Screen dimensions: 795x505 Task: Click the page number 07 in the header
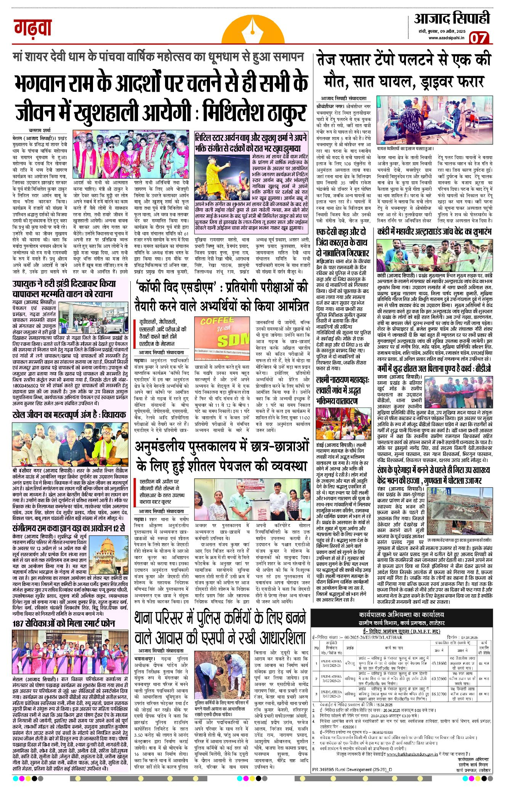point(478,38)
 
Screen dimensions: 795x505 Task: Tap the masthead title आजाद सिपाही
point(452,19)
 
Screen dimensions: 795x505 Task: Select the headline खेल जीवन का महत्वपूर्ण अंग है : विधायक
point(69,415)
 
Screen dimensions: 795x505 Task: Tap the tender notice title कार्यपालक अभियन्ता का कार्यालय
point(401,615)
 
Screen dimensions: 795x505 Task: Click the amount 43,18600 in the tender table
point(439,663)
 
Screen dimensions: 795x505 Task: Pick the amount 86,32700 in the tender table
point(439,694)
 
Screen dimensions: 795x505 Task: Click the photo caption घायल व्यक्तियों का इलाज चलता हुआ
point(405,149)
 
